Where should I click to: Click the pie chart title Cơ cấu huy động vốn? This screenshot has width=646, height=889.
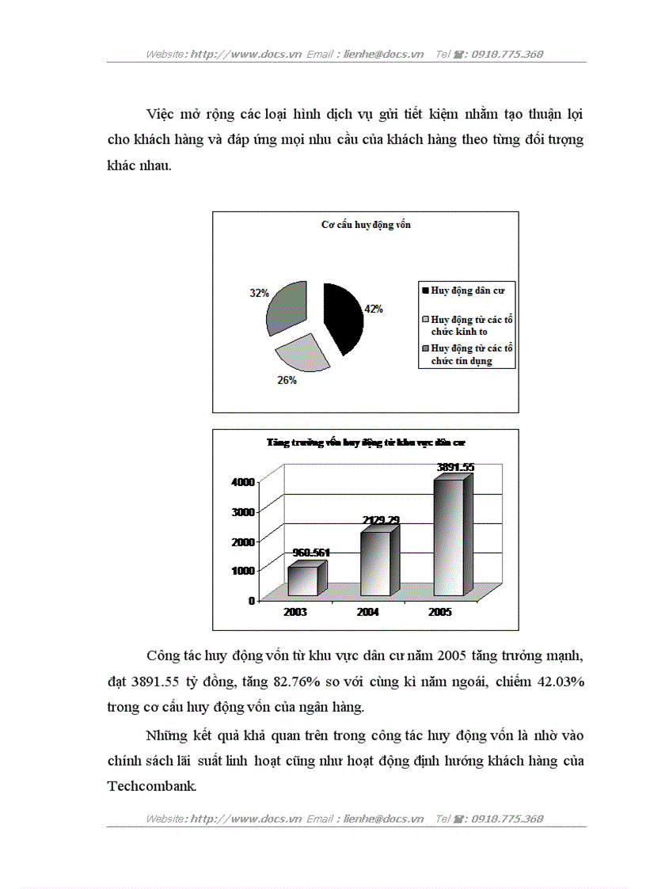(366, 225)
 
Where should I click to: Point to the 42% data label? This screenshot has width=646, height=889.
(373, 310)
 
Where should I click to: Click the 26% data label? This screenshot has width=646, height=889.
(287, 381)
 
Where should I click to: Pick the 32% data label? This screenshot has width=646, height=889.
(259, 293)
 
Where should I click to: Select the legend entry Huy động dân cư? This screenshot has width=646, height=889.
(467, 291)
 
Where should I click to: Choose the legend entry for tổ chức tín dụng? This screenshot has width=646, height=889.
(467, 355)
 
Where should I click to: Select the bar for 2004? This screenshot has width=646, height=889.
(375, 564)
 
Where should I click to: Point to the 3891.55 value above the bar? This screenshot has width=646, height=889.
(455, 468)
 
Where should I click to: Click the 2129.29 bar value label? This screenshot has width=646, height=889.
(381, 520)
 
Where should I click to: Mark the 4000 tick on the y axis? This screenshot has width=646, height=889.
(242, 481)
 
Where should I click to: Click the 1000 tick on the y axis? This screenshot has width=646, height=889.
(242, 570)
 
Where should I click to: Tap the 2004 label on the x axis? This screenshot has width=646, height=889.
(367, 612)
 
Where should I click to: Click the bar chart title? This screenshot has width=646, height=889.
(366, 443)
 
